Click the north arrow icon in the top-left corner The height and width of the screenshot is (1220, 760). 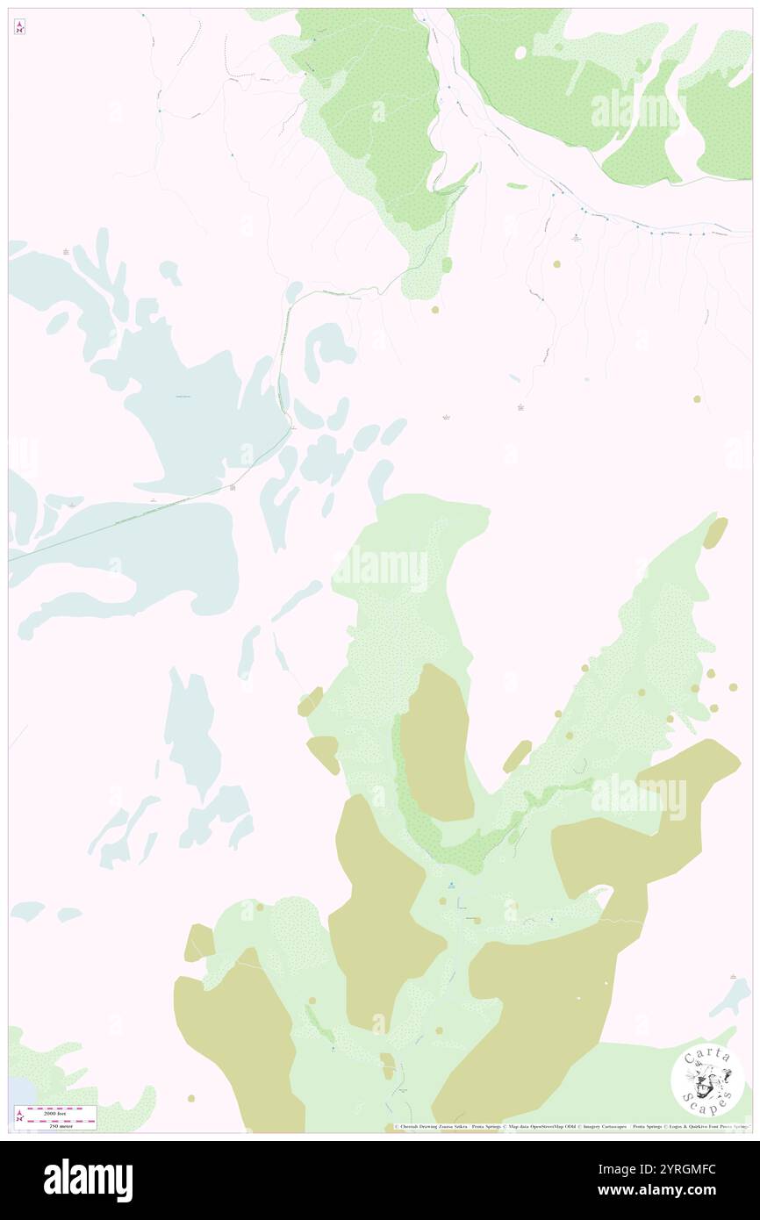click(19, 27)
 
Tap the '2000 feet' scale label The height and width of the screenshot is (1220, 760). click(61, 1109)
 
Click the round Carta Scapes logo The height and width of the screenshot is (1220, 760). click(707, 1081)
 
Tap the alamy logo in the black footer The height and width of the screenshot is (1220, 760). click(88, 1181)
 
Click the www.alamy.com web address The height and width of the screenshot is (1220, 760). click(686, 1190)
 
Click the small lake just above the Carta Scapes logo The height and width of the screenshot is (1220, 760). click(731, 996)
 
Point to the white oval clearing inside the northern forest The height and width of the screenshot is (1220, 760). click(520, 53)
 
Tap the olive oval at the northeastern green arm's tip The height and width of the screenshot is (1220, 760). click(715, 533)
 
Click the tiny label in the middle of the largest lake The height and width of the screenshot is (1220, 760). click(183, 398)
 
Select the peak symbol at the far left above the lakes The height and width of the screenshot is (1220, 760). click(66, 252)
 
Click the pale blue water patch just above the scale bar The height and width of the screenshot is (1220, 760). click(19, 1092)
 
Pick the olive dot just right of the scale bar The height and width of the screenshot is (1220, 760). click(190, 1098)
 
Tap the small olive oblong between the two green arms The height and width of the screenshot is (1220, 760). click(517, 756)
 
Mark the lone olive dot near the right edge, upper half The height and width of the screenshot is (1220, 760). click(697, 398)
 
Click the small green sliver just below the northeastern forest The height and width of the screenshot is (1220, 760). click(517, 186)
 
